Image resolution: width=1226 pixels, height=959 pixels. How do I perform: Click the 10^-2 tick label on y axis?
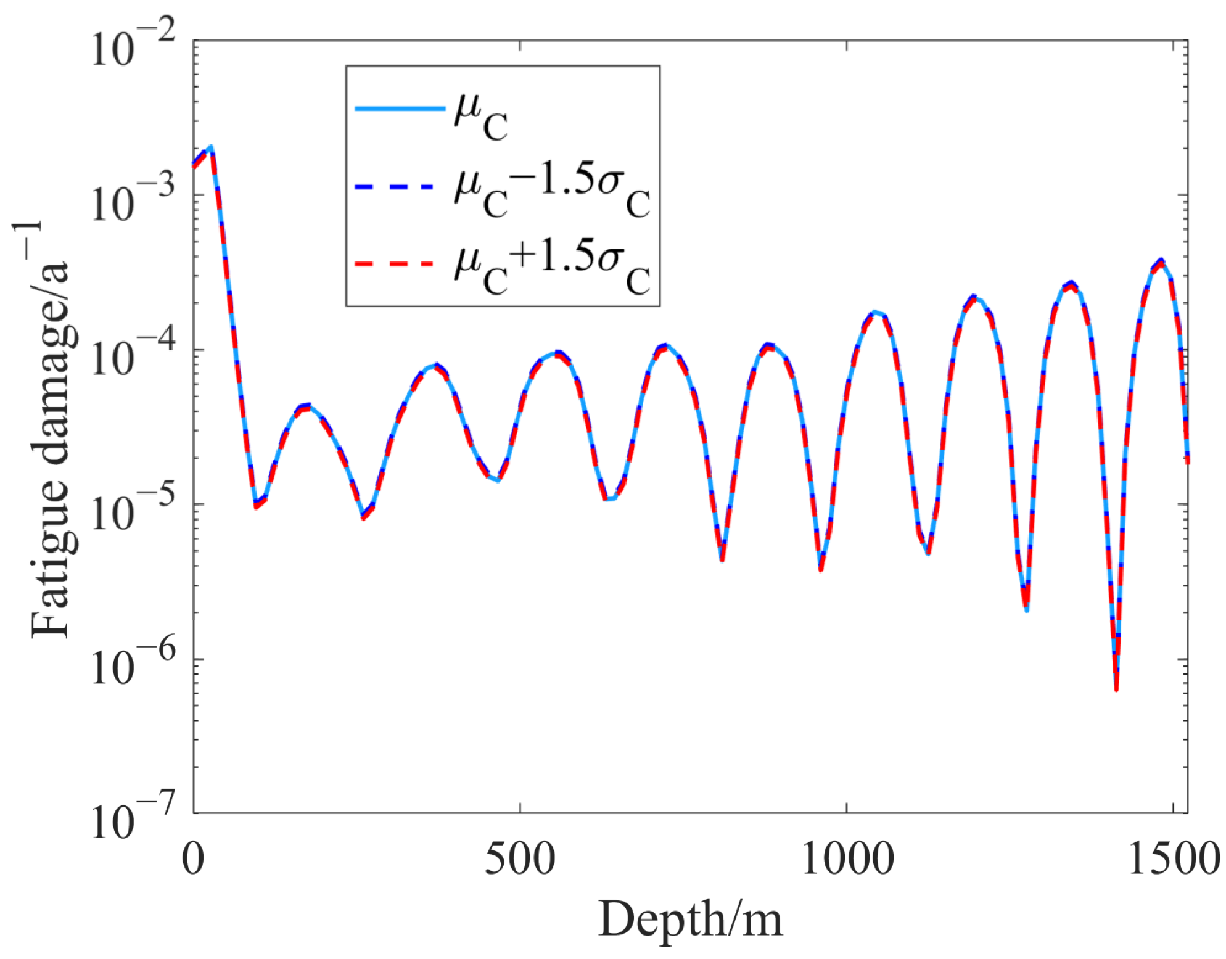pyautogui.click(x=133, y=43)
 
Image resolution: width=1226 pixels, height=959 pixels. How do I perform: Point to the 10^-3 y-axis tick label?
pyautogui.click(x=133, y=198)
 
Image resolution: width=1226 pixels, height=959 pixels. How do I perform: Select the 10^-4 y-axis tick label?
pyautogui.click(x=133, y=353)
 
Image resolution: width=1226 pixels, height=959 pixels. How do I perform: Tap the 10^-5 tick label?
pyautogui.click(x=133, y=507)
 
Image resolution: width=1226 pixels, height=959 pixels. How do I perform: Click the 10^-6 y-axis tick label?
pyautogui.click(x=133, y=662)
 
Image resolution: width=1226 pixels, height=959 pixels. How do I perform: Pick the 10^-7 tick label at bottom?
pyautogui.click(x=133, y=816)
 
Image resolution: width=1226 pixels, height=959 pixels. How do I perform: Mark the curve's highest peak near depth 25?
pyautogui.click(x=211, y=147)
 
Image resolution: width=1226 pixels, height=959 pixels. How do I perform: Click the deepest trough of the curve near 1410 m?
pyautogui.click(x=1116, y=688)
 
